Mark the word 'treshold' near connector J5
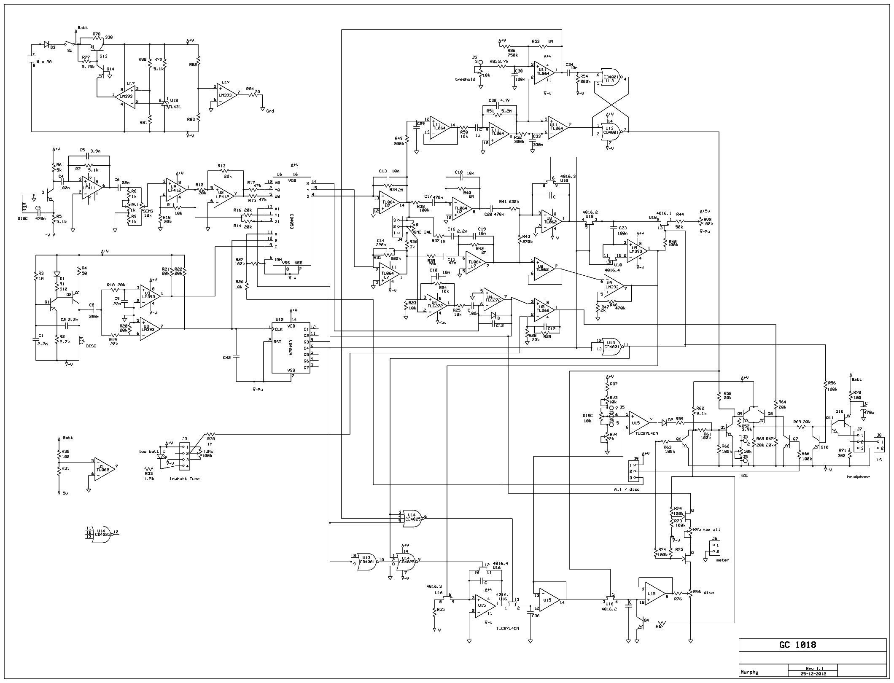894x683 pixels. pos(465,79)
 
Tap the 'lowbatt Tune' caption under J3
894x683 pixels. pos(185,479)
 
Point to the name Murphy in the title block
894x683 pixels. pos(749,672)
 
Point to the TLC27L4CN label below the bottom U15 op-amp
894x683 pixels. pos(507,628)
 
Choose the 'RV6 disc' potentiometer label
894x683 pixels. pos(703,592)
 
